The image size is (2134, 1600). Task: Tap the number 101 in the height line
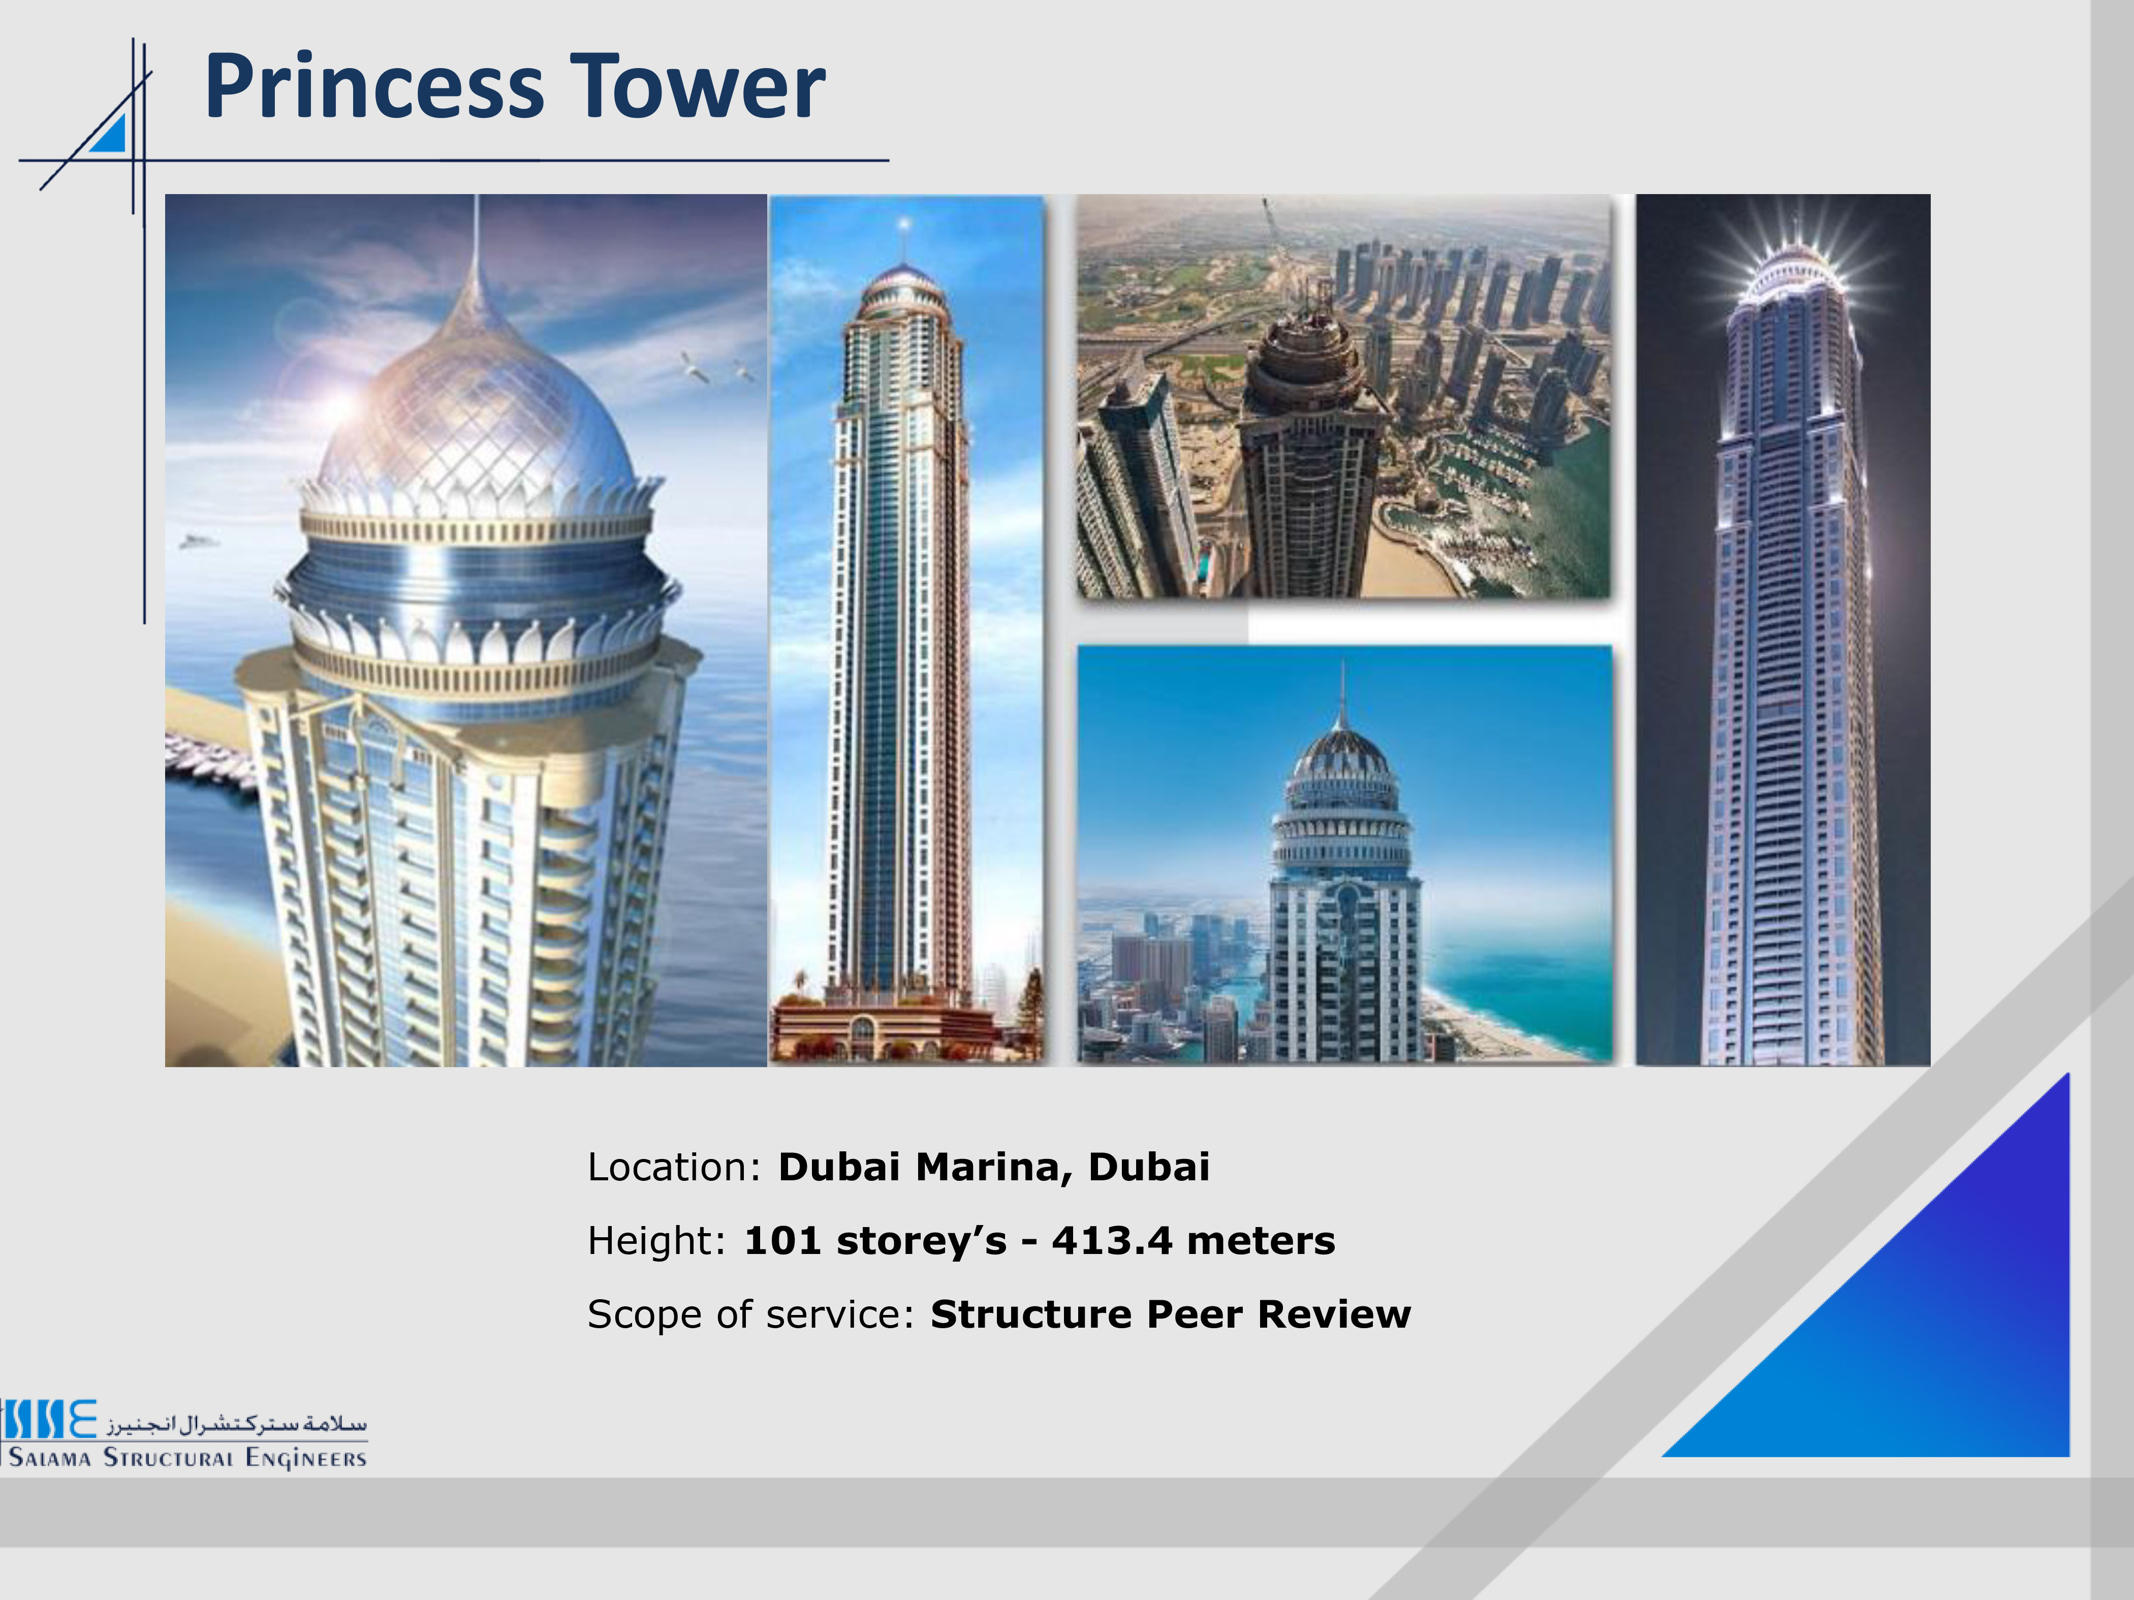point(782,1240)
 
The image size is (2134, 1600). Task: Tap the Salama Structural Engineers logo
point(183,1435)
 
